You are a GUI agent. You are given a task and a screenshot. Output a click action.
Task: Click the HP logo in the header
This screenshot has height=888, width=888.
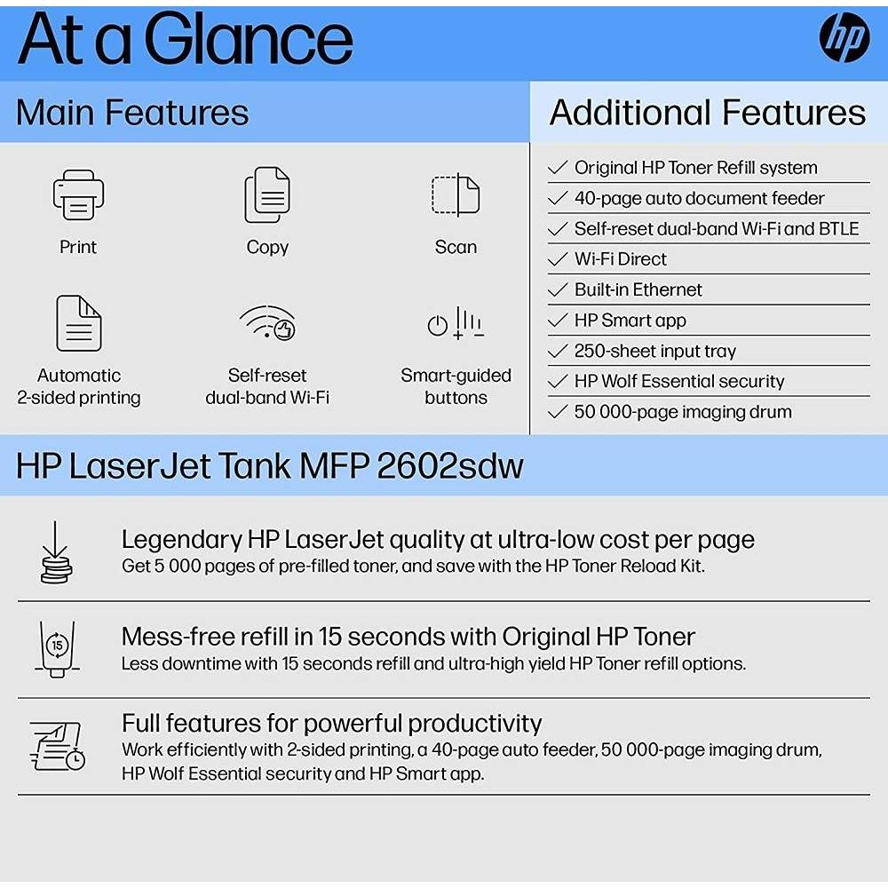pos(844,39)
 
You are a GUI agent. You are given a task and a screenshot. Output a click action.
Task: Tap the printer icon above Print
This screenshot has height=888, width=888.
pos(78,195)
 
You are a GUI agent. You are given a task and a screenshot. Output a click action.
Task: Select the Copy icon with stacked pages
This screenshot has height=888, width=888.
pos(267,195)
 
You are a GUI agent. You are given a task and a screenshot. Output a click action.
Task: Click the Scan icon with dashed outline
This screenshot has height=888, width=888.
pos(456,195)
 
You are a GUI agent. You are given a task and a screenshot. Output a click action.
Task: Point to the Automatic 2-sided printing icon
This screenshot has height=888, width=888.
pos(78,322)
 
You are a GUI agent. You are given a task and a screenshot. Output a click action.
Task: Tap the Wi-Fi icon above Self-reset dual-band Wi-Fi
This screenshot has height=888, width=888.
pos(267,323)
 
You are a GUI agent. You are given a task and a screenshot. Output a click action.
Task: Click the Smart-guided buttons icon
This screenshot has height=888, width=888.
pos(456,323)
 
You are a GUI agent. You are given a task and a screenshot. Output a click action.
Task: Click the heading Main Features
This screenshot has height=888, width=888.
pos(132,113)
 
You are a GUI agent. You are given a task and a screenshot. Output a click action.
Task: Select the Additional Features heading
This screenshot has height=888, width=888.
pos(707,113)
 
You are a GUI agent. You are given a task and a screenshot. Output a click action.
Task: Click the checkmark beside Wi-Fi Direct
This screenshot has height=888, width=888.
pos(558,259)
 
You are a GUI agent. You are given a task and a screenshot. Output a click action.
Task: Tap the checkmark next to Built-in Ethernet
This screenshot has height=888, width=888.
pos(558,290)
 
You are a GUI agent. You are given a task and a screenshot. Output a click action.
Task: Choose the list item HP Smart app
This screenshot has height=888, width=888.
pos(630,321)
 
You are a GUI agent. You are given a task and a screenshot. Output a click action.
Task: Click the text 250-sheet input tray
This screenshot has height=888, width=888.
pos(654,351)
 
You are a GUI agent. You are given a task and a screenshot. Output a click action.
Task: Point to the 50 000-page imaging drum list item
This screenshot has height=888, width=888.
pos(682,412)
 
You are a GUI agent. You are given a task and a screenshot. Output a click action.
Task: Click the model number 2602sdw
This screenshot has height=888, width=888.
pos(450,466)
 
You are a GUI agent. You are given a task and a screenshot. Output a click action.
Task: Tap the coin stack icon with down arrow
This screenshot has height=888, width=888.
pos(56,552)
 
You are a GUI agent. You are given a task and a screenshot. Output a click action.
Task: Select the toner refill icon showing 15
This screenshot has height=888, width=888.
pos(57,649)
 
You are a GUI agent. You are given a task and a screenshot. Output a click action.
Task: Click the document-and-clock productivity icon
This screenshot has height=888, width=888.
pos(58,746)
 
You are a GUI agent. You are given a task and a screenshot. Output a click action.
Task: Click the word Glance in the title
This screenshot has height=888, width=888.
pos(249,41)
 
